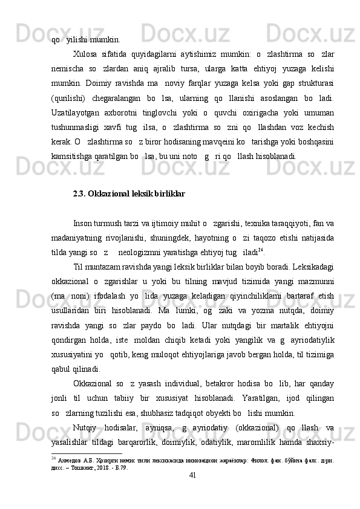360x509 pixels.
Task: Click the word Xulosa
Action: click(x=85, y=53)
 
